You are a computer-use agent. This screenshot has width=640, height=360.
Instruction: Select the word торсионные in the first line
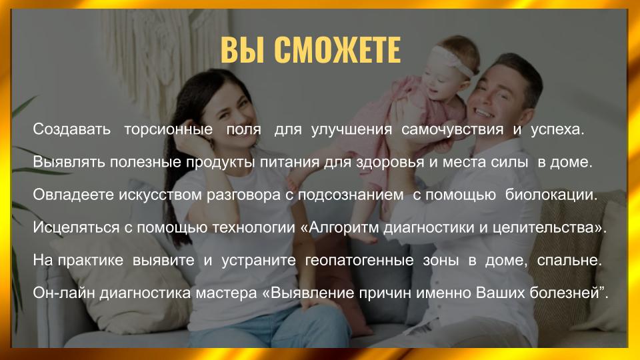point(168,130)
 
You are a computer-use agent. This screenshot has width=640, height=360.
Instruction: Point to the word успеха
point(557,130)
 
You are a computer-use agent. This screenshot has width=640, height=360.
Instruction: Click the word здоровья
point(390,163)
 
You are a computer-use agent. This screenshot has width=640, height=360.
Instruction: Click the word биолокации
point(551,195)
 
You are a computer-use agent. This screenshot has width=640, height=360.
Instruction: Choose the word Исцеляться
point(76,227)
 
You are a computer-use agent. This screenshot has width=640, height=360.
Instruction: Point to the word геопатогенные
point(359,260)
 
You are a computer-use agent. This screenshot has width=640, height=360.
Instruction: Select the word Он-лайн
point(64,293)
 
